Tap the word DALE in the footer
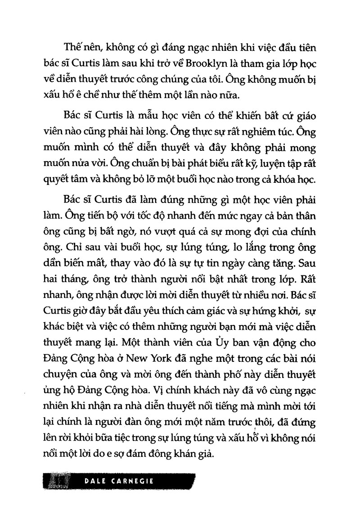pos(96,480)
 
